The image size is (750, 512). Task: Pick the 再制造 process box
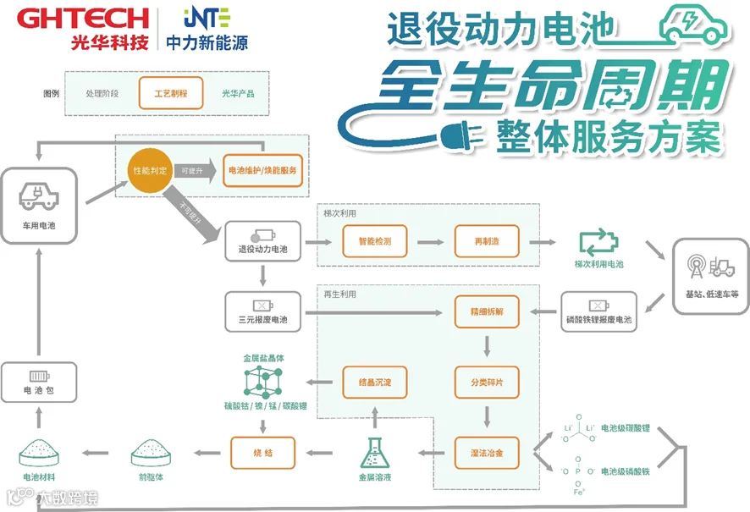(x=486, y=241)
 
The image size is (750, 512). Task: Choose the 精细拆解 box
(x=486, y=311)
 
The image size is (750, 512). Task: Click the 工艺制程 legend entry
(x=170, y=93)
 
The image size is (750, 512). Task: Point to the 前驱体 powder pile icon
(x=152, y=454)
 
